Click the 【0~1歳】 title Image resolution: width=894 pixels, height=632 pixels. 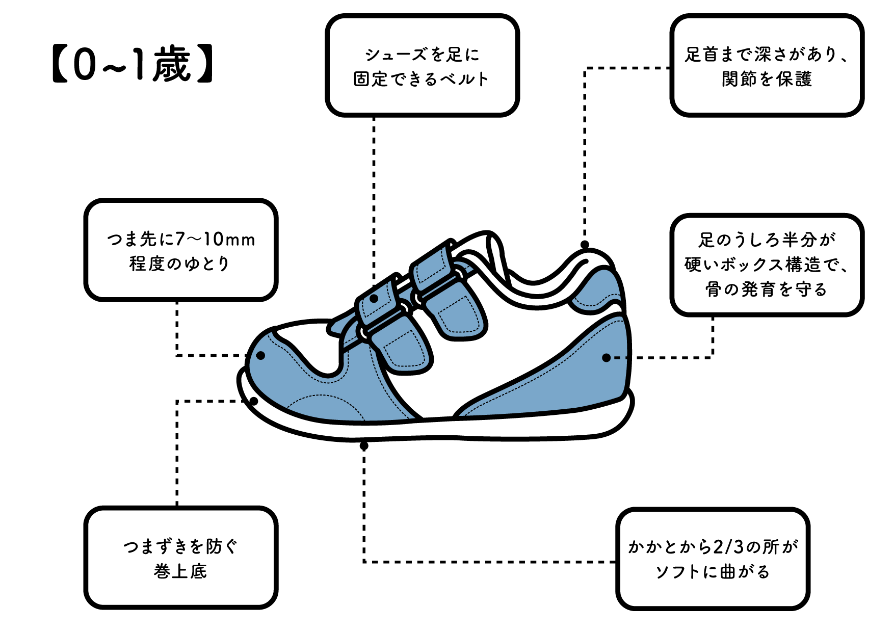133,65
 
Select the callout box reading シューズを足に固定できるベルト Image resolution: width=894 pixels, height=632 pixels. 422,66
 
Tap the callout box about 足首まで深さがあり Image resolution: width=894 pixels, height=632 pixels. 767,66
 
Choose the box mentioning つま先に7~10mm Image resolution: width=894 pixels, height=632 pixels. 181,250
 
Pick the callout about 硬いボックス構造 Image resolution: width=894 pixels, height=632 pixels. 767,265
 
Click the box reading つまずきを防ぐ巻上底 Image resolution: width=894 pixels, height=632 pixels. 181,558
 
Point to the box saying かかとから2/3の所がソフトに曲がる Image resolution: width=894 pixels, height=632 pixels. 713,559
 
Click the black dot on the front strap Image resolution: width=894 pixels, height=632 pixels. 374,299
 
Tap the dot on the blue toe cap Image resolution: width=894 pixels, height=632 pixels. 260,355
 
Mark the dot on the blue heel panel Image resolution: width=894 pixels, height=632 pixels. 606,358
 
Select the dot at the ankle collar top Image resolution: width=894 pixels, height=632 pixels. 585,245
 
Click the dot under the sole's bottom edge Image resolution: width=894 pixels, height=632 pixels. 364,446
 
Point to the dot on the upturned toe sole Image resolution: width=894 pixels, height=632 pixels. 254,401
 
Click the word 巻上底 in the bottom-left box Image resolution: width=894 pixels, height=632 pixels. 180,571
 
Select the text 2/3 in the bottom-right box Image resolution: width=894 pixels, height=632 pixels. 729,547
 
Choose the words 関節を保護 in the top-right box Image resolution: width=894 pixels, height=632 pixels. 767,79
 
